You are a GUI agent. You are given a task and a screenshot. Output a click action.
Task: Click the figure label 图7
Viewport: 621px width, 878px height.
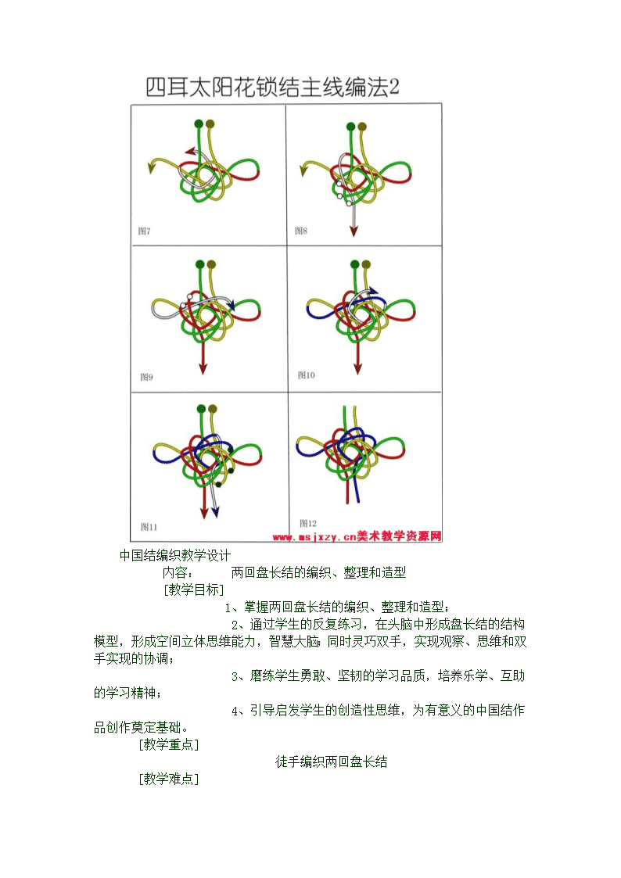(x=144, y=231)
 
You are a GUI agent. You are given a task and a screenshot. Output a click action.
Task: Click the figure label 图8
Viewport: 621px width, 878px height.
(x=300, y=230)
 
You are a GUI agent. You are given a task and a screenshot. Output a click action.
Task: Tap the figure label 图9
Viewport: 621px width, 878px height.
(x=146, y=377)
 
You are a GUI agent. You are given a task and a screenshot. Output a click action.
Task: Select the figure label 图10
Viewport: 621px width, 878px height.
(x=307, y=374)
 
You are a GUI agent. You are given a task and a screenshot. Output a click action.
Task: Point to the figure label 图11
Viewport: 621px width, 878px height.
(x=149, y=526)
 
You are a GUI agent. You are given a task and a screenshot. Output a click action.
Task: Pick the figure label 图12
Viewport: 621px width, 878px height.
(x=308, y=523)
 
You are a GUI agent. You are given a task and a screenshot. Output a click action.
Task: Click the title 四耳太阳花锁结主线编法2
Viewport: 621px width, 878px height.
(x=273, y=88)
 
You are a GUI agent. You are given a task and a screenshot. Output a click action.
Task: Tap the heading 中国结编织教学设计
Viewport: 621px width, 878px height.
(x=174, y=555)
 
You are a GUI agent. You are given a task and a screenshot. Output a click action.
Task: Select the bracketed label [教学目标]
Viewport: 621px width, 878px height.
(x=194, y=590)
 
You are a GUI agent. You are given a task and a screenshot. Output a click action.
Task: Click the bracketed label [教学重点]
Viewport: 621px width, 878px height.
(x=169, y=744)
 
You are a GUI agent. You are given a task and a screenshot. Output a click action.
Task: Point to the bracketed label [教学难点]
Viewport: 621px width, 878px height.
(x=169, y=779)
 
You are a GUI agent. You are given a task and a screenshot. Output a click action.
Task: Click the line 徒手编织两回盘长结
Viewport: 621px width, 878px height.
(x=331, y=762)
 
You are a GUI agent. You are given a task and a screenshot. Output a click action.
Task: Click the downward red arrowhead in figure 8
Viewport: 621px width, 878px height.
(x=354, y=231)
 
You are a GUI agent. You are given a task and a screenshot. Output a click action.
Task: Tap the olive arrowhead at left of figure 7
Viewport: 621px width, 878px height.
(x=151, y=167)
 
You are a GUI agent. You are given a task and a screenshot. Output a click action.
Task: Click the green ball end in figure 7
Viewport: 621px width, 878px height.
(x=199, y=124)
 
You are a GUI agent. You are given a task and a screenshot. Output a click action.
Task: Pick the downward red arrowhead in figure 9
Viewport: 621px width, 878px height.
(x=203, y=368)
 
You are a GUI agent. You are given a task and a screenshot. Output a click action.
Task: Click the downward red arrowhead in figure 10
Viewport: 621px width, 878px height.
(x=357, y=368)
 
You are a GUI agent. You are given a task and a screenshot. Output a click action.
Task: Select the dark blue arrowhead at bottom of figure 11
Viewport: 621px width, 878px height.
(x=216, y=512)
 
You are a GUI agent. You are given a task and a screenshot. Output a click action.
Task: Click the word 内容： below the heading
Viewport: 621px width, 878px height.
(x=178, y=572)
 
